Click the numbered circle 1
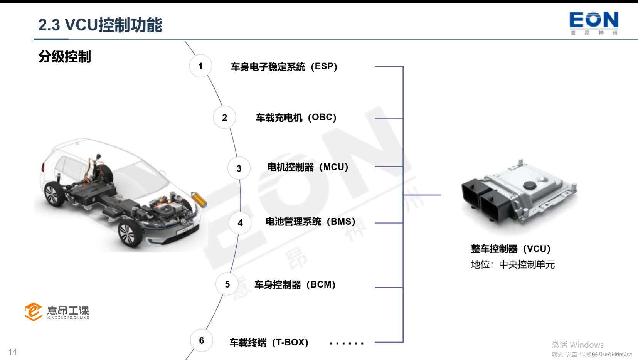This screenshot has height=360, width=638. pyautogui.click(x=200, y=66)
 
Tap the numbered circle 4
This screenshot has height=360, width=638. pyautogui.click(x=240, y=223)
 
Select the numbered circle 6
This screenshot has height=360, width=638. pyautogui.click(x=201, y=340)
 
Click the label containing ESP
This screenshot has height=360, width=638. pyautogui.click(x=284, y=67)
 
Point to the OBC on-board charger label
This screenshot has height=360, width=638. pyautogui.click(x=296, y=118)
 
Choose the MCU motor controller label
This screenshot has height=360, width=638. pyautogui.click(x=308, y=167)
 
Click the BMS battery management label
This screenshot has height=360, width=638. pyautogui.click(x=310, y=222)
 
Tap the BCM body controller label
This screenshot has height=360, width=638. pyautogui.click(x=295, y=285)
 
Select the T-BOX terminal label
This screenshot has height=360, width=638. pyautogui.click(x=269, y=342)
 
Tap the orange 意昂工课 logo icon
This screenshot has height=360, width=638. pyautogui.click(x=33, y=311)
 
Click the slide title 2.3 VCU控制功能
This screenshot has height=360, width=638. pyautogui.click(x=100, y=25)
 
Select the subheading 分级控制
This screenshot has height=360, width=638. pyautogui.click(x=64, y=57)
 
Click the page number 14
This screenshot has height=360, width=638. pyautogui.click(x=12, y=352)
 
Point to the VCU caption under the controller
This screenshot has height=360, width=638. pyautogui.click(x=510, y=249)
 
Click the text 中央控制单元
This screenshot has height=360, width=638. pyautogui.click(x=527, y=265)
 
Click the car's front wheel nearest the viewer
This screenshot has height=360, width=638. pyautogui.click(x=128, y=234)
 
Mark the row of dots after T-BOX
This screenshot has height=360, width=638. pyautogui.click(x=347, y=343)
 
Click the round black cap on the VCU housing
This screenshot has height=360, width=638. pyautogui.click(x=530, y=185)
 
